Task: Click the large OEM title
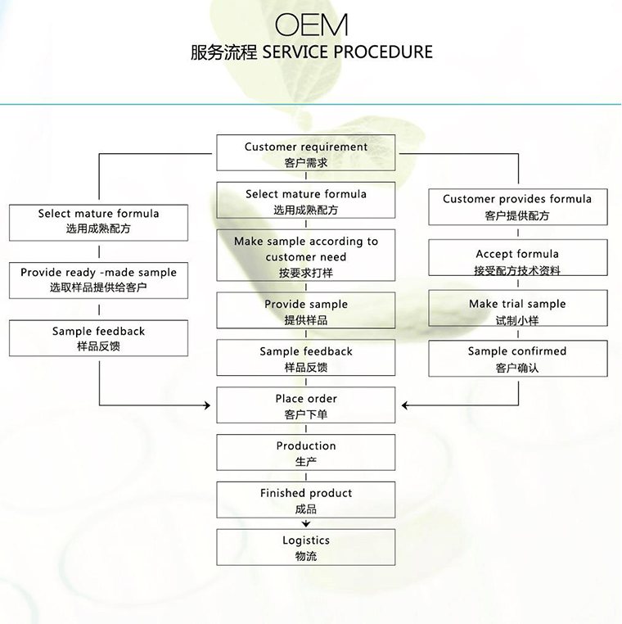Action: [311, 25]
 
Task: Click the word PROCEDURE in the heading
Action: [382, 52]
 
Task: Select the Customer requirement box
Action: [306, 153]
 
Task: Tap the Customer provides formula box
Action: [518, 207]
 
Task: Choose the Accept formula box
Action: [518, 257]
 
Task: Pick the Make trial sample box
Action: [518, 308]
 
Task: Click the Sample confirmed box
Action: [518, 358]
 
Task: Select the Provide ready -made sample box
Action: [99, 280]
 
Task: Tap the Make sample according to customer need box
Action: [306, 255]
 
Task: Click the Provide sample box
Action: [306, 310]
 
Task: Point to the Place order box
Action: [306, 405]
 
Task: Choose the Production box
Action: [306, 453]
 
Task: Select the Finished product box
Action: [306, 500]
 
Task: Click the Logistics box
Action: [306, 547]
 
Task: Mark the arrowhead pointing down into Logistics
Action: [306, 524]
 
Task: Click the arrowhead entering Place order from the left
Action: [207, 405]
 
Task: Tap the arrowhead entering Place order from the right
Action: [405, 405]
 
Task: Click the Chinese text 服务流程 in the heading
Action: [224, 52]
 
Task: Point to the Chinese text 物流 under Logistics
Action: [306, 556]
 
